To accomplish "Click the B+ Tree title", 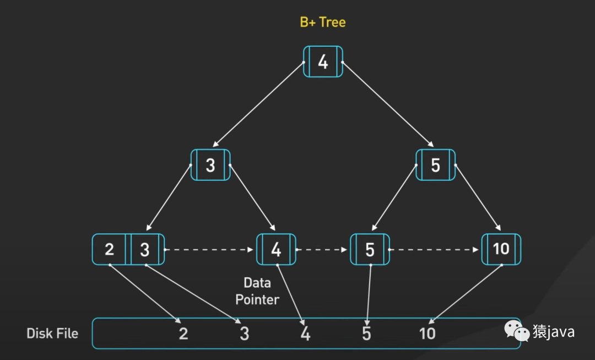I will pyautogui.click(x=323, y=23).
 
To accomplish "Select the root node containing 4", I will pyautogui.click(x=323, y=61).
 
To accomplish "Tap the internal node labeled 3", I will pyautogui.click(x=210, y=165).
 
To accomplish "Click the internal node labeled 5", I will pyautogui.click(x=435, y=165).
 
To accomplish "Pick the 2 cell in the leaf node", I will pyautogui.click(x=109, y=249).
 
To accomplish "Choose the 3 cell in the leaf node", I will pyautogui.click(x=145, y=250).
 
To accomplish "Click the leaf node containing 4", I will pyautogui.click(x=276, y=250).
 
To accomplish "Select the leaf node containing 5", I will pyautogui.click(x=370, y=250).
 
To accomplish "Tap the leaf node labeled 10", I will pyautogui.click(x=501, y=249).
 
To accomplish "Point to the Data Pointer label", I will pyautogui.click(x=257, y=291).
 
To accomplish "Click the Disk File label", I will pyautogui.click(x=52, y=334).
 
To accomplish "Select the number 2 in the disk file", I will pyautogui.click(x=183, y=334).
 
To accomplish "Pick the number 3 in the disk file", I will pyautogui.click(x=245, y=334).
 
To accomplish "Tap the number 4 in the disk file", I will pyautogui.click(x=305, y=334).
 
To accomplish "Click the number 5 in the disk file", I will pyautogui.click(x=366, y=334).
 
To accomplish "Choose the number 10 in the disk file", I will pyautogui.click(x=427, y=334).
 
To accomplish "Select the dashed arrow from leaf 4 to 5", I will pyautogui.click(x=323, y=250).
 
